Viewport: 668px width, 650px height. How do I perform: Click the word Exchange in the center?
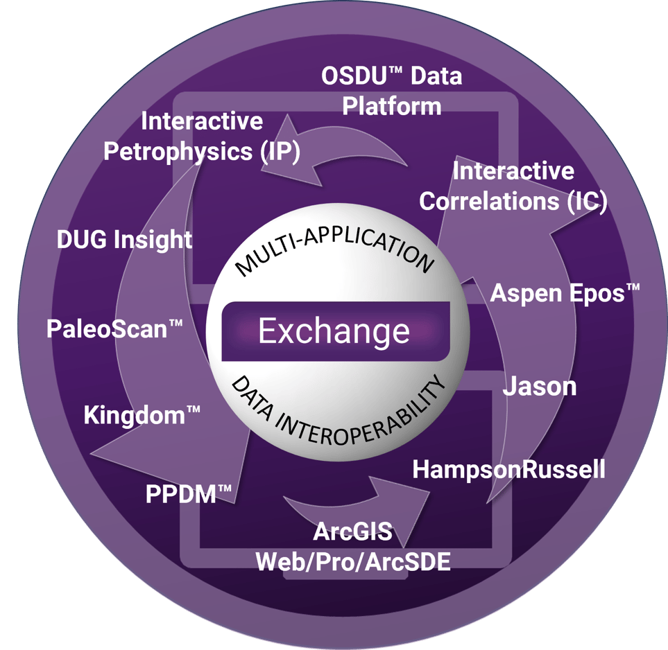click(x=334, y=331)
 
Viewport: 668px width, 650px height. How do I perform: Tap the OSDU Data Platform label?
click(x=392, y=91)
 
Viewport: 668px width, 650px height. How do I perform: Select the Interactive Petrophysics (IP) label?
click(x=201, y=137)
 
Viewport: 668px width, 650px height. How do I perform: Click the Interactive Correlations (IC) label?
click(x=513, y=186)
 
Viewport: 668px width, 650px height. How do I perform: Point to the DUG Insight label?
click(x=124, y=240)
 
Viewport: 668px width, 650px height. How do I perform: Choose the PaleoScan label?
click(x=115, y=328)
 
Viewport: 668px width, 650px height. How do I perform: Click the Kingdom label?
click(x=142, y=416)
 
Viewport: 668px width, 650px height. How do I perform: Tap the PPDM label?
click(x=189, y=495)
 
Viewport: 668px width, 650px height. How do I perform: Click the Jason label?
click(x=539, y=386)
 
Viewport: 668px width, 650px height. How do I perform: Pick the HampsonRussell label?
click(x=508, y=469)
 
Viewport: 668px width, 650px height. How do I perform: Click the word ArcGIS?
click(x=353, y=532)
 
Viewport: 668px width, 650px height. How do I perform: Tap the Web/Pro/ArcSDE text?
click(x=353, y=561)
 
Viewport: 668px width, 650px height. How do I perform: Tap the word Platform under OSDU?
click(x=392, y=106)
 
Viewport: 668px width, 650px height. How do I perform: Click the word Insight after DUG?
click(x=153, y=240)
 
